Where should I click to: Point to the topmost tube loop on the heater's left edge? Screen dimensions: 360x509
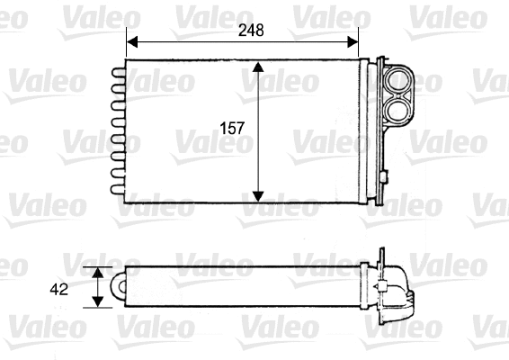(117, 71)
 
